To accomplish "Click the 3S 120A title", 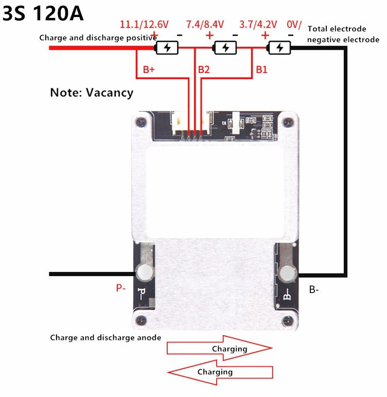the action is [x=43, y=13].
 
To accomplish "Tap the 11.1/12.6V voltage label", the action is [x=144, y=25].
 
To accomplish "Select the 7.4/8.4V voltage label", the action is [x=205, y=25].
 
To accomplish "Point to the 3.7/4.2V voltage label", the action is [x=258, y=25].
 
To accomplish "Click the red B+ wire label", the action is [x=149, y=69].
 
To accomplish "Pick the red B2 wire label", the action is [x=204, y=69].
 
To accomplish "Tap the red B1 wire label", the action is [x=261, y=69].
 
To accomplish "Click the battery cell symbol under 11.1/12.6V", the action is [x=167, y=48].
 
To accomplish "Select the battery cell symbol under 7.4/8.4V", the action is [x=225, y=48].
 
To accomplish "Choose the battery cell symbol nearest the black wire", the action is [x=279, y=48].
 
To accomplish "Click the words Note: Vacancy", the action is [x=92, y=93].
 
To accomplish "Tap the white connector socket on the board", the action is [x=192, y=123].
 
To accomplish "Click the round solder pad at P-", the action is [x=145, y=273].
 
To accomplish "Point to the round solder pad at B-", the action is [x=287, y=274].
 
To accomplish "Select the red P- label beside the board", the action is [x=121, y=288].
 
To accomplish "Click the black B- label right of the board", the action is [x=314, y=290].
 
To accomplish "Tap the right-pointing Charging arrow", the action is [x=219, y=348].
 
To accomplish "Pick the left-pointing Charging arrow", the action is [x=220, y=372].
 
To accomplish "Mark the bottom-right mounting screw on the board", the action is [x=287, y=321].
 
